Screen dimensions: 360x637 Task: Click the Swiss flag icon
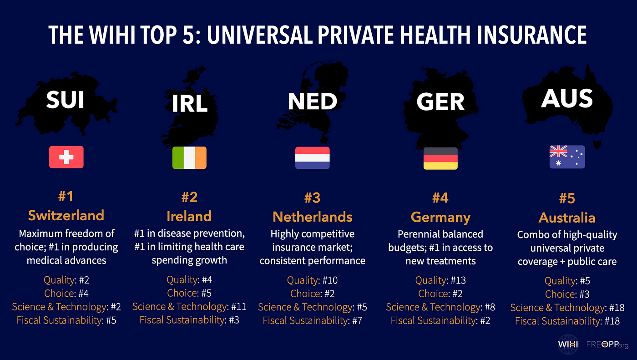(66, 157)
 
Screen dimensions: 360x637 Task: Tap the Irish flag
(189, 157)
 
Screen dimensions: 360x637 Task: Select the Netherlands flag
(313, 157)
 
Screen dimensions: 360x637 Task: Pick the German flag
(440, 158)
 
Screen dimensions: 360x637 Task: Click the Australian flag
(567, 157)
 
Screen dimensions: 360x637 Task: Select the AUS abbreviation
(567, 98)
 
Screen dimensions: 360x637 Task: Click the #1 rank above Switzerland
(66, 197)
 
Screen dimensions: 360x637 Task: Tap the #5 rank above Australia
(567, 198)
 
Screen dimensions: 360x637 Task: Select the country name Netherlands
(313, 216)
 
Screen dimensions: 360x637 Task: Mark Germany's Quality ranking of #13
(457, 280)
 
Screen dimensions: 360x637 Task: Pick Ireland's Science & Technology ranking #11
(238, 306)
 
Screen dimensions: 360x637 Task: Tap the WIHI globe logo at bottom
(568, 345)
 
